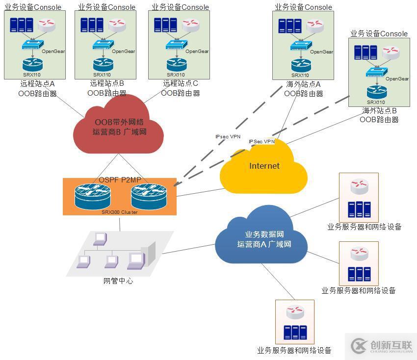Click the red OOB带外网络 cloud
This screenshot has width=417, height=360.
[x=119, y=127]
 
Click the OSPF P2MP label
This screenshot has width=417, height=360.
[x=120, y=180]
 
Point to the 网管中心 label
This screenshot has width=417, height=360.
[x=118, y=281]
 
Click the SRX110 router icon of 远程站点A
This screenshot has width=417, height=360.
[x=33, y=64]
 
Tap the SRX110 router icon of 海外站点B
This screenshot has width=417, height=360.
[x=377, y=91]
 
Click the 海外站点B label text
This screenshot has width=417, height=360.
[x=379, y=111]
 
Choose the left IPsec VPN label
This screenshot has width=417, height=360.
[x=228, y=137]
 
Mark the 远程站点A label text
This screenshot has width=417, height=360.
[x=37, y=84]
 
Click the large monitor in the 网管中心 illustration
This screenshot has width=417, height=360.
[x=136, y=259]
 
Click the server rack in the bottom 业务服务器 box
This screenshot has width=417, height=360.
[x=294, y=332]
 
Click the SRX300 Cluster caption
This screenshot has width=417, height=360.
[x=119, y=212]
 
